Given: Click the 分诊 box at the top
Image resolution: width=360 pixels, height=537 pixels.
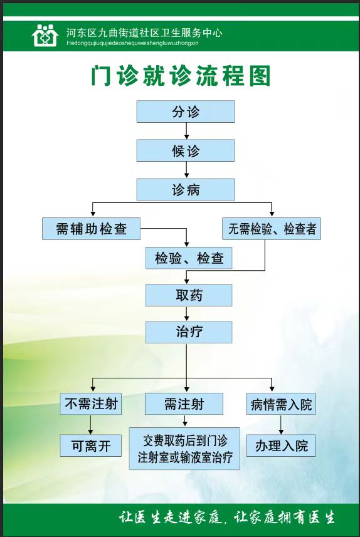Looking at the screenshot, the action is pyautogui.click(x=186, y=112).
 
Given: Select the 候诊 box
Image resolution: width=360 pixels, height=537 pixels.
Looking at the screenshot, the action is pyautogui.click(x=186, y=150).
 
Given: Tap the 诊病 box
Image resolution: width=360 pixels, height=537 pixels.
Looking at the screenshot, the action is pyautogui.click(x=186, y=189).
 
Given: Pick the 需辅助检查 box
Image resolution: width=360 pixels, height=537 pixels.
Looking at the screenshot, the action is pyautogui.click(x=91, y=229).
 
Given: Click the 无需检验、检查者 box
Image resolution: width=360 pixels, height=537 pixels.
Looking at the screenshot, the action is pyautogui.click(x=272, y=229).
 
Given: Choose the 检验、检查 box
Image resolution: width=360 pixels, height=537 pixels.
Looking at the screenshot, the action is pyautogui.click(x=189, y=258).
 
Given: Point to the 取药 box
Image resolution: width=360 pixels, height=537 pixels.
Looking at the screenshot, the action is pyautogui.click(x=189, y=295).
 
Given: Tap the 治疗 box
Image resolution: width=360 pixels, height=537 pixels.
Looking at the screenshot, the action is pyautogui.click(x=189, y=332).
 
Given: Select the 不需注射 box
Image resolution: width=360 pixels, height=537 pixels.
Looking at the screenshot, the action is pyautogui.click(x=91, y=404).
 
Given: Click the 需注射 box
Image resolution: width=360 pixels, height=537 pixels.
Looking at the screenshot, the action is pyautogui.click(x=184, y=404).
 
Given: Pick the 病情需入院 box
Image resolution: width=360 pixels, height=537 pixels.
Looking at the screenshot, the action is pyautogui.click(x=281, y=404).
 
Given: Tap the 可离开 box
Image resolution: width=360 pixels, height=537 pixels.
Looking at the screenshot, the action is pyautogui.click(x=91, y=446).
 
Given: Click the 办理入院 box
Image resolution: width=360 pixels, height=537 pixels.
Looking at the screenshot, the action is pyautogui.click(x=281, y=446).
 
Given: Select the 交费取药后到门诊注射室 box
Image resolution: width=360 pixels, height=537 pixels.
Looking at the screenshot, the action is pyautogui.click(x=184, y=448).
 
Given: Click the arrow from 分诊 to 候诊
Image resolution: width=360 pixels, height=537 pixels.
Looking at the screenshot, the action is pyautogui.click(x=186, y=131).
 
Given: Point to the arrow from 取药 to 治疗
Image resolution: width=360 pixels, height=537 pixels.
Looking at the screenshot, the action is pyautogui.click(x=186, y=313).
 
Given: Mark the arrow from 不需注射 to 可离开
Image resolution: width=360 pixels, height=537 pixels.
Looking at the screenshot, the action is pyautogui.click(x=90, y=425).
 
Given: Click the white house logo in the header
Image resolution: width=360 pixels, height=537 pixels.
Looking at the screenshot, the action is pyautogui.click(x=45, y=35).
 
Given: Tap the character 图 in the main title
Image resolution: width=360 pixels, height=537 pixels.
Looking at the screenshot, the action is pyautogui.click(x=260, y=76).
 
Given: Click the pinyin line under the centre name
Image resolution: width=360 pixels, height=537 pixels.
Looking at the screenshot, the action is pyautogui.click(x=132, y=43).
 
